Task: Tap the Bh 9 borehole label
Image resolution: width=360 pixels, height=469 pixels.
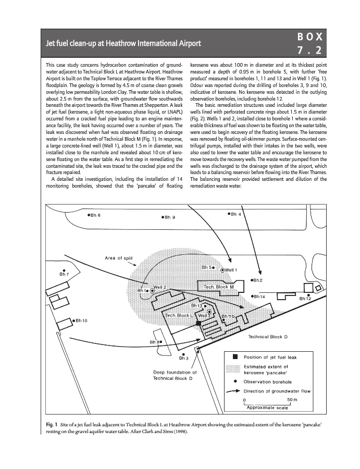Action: (x=169, y=217)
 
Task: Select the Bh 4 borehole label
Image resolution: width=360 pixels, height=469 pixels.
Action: (x=235, y=214)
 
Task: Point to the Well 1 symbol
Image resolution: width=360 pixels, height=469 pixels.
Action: (x=222, y=270)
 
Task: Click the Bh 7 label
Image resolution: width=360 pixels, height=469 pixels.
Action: (x=64, y=274)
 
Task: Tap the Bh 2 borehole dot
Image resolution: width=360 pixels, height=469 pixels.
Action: (x=252, y=280)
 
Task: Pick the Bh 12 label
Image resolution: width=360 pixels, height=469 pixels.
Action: (x=305, y=299)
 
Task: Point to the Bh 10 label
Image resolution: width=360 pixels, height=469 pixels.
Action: (x=81, y=320)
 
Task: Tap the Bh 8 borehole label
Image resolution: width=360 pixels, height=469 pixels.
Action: (x=155, y=342)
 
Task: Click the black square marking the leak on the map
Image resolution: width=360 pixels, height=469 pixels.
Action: (x=198, y=324)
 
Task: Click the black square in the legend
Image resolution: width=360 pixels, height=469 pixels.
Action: (x=235, y=357)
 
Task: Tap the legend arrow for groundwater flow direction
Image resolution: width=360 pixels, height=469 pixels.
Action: (x=235, y=391)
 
